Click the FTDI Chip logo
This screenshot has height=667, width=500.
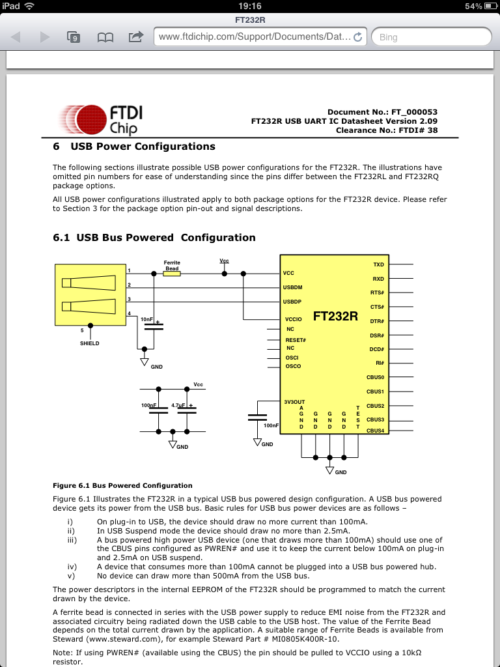100,119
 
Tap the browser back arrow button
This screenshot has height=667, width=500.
16,37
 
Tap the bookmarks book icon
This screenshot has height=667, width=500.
105,37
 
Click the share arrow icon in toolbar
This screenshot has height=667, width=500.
136,36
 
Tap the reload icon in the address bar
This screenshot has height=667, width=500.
357,37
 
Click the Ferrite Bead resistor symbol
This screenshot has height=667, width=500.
171,274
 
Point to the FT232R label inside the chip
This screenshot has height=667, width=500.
335,317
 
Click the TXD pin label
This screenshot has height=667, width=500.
378,264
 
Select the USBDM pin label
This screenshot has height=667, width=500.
292,287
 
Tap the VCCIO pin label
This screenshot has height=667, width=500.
294,319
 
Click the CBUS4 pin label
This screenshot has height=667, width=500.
376,431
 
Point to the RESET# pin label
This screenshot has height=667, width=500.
296,340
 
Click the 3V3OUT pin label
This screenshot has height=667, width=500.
294,402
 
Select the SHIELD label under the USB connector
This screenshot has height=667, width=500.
90,343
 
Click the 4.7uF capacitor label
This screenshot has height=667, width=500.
178,405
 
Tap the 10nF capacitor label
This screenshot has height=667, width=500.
146,320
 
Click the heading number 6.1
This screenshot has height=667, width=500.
61,238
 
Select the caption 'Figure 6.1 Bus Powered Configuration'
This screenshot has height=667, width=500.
122,485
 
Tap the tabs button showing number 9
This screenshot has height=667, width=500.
74,37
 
